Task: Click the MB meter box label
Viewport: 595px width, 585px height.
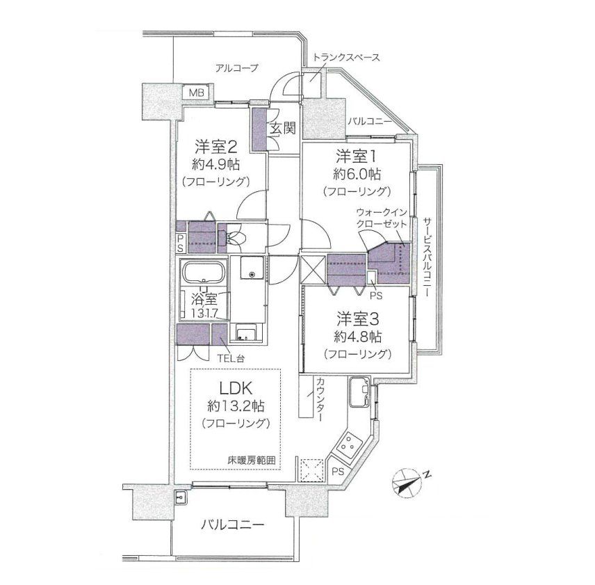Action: [197, 93]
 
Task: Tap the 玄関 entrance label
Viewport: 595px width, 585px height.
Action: [283, 129]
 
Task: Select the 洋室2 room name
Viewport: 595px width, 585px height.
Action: [216, 146]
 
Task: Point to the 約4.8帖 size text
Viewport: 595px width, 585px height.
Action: [358, 337]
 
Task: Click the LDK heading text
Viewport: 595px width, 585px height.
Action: [236, 388]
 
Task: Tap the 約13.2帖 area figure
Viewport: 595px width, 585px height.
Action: [236, 406]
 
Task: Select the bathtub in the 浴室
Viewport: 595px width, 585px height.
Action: [204, 272]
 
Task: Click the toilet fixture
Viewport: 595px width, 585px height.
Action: [235, 238]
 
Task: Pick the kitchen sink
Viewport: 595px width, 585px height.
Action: [359, 392]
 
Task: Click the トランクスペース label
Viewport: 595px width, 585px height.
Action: [345, 57]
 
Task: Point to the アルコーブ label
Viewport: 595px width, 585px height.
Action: [236, 68]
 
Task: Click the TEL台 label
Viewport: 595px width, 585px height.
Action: [231, 358]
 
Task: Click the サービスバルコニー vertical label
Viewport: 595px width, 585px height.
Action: [427, 257]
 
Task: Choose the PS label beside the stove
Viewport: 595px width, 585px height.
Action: [338, 472]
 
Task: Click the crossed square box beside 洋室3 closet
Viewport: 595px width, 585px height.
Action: [313, 269]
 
